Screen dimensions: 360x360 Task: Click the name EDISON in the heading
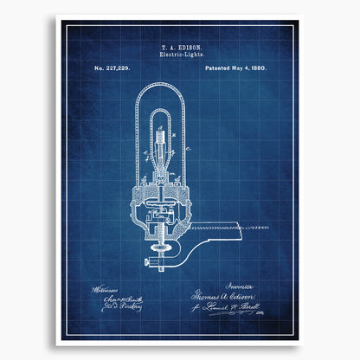[x=189, y=46]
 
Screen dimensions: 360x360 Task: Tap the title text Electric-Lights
[x=179, y=54]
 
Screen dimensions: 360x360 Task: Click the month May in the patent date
[x=229, y=67]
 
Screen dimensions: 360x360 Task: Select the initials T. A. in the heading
[x=164, y=46]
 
